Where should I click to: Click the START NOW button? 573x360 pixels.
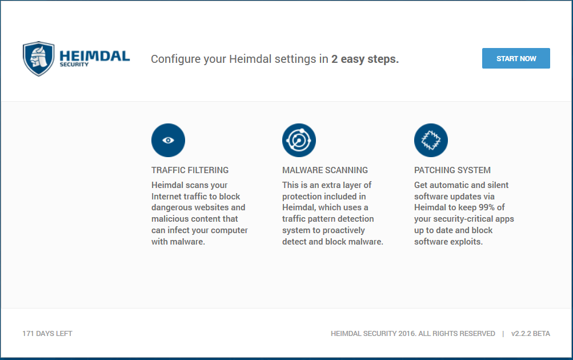click(516, 58)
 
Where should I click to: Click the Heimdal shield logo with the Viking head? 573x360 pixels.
click(38, 58)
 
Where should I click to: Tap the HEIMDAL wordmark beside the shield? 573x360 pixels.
click(95, 56)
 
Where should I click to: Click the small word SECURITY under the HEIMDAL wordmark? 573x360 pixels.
click(74, 65)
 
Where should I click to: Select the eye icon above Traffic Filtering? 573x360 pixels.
click(168, 141)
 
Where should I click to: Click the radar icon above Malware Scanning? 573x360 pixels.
click(299, 141)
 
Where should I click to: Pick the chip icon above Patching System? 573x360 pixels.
click(431, 141)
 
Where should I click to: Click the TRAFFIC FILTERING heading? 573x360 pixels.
click(190, 170)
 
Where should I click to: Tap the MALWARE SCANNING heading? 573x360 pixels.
click(325, 170)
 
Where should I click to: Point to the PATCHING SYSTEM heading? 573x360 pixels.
click(452, 170)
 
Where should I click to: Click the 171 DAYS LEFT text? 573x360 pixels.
click(47, 334)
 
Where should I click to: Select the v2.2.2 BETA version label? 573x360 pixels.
click(531, 334)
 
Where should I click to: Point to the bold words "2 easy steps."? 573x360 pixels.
click(365, 59)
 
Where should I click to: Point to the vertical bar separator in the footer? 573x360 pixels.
click(503, 334)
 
